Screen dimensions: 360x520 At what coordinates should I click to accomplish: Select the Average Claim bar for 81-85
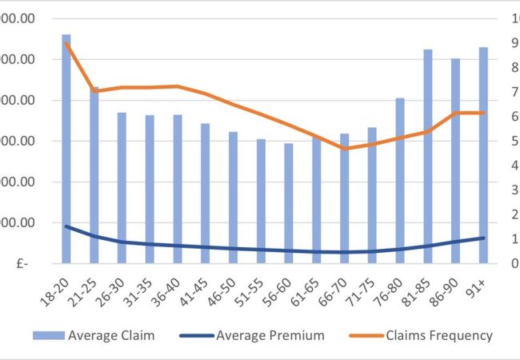[428, 156]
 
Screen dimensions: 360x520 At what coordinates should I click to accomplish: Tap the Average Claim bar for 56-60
[289, 203]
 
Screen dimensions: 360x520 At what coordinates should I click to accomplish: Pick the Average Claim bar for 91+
[483, 155]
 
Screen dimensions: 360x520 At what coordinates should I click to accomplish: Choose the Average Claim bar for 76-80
[400, 180]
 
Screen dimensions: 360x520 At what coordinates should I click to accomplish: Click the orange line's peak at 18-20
[66, 43]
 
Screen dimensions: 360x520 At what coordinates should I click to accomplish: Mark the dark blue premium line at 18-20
[66, 226]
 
